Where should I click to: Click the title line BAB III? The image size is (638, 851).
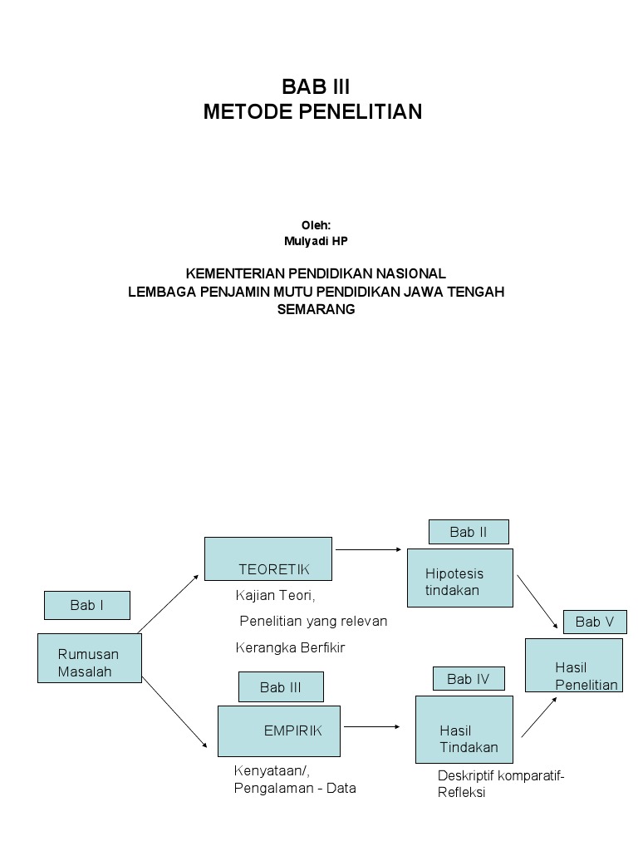(x=316, y=86)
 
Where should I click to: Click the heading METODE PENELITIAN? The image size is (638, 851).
(x=312, y=111)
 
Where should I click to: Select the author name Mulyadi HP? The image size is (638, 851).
(x=316, y=240)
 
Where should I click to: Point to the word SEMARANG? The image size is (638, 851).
(x=316, y=309)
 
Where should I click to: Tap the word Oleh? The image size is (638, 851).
(x=316, y=224)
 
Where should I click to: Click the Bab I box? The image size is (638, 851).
(x=87, y=606)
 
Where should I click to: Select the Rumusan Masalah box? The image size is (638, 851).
(x=90, y=658)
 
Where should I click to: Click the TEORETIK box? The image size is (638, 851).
(x=268, y=558)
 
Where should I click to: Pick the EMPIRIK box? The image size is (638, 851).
(x=279, y=730)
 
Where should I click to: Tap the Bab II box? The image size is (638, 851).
(x=469, y=532)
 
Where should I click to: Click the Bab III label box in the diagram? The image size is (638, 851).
(x=281, y=687)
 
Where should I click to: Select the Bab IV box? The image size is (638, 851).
(x=469, y=679)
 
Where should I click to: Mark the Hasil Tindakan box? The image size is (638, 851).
(x=464, y=730)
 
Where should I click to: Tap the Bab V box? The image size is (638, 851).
(x=595, y=622)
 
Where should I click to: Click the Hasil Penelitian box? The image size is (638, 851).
(x=574, y=665)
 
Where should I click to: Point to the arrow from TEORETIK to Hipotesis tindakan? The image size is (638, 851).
(x=370, y=549)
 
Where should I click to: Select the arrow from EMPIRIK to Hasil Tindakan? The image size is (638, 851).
(x=372, y=727)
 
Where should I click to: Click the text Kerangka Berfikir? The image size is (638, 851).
(x=290, y=647)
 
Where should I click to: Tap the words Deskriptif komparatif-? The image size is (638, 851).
(x=501, y=775)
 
